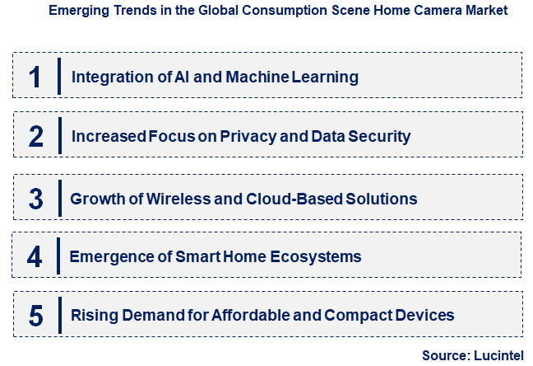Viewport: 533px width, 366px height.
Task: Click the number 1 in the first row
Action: (34, 77)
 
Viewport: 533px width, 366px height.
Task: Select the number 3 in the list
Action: (35, 199)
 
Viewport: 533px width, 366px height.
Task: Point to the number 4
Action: (35, 257)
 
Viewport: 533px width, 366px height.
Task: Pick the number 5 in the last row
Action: (35, 316)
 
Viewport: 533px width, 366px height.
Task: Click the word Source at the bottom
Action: (443, 355)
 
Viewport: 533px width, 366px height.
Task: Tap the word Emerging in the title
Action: (76, 11)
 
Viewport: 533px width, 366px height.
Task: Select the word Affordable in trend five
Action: (251, 316)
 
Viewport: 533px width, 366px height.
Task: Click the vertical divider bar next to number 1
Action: (59, 77)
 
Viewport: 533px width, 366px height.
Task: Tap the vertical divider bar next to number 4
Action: (59, 256)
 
